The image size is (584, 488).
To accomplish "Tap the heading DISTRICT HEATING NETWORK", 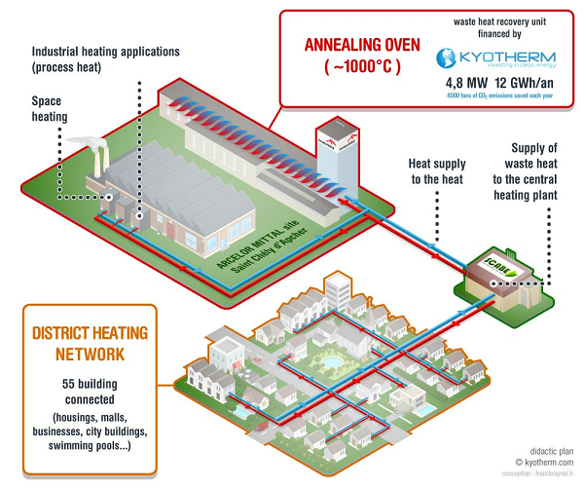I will click(x=93, y=337).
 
